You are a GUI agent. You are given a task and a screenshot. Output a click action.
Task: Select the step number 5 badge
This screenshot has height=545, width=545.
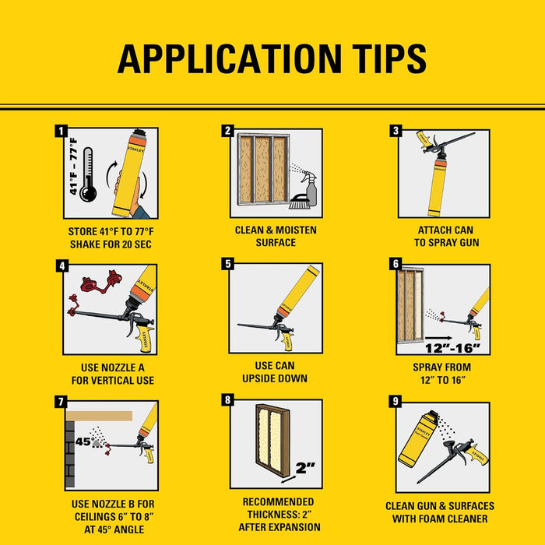228,264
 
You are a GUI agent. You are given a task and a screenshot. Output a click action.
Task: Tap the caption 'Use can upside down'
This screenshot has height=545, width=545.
276,372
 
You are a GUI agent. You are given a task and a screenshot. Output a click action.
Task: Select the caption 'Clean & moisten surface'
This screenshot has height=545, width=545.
276,236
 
